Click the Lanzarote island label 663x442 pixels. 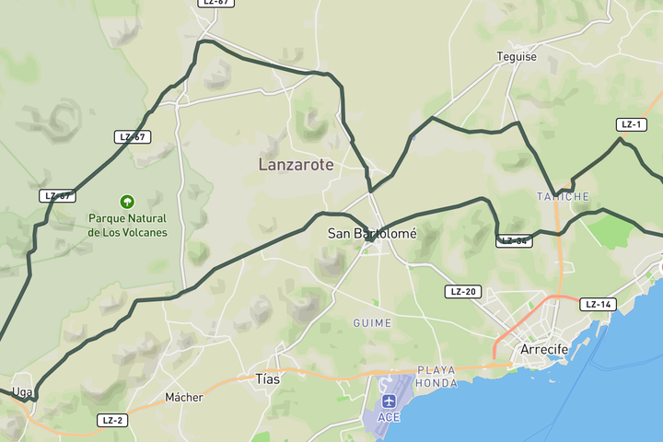[296, 165]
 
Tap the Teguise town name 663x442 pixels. [517, 56]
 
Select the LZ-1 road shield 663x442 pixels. [631, 124]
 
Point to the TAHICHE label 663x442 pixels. [563, 196]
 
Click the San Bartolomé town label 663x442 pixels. [372, 234]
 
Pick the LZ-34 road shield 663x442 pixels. [514, 241]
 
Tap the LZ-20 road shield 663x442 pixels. [462, 292]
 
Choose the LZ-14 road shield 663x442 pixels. [598, 304]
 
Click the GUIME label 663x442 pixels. [372, 323]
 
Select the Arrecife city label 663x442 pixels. [544, 349]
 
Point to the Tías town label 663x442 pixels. [267, 378]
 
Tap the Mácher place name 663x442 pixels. [183, 398]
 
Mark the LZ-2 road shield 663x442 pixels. [112, 420]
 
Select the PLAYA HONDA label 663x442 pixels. [436, 376]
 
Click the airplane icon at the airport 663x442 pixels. [389, 401]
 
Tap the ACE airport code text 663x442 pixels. [389, 417]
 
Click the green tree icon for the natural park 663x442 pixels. [127, 201]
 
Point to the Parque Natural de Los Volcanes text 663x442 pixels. [127, 226]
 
